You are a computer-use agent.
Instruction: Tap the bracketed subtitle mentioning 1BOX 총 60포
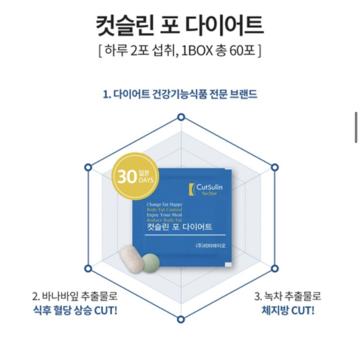pos(180,51)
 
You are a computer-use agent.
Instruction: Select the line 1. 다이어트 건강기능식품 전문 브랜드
pos(180,94)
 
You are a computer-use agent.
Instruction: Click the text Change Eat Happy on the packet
pos(164,204)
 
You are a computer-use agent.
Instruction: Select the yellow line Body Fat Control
pos(164,210)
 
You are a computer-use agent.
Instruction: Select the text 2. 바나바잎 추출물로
pos(74,297)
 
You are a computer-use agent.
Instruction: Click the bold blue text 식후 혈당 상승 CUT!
pos(74,310)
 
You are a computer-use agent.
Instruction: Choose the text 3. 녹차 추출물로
pos(288,297)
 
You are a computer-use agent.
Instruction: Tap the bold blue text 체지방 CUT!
pos(288,310)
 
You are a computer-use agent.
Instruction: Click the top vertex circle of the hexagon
pos(181,117)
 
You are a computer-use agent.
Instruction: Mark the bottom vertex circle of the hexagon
pos(181,319)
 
